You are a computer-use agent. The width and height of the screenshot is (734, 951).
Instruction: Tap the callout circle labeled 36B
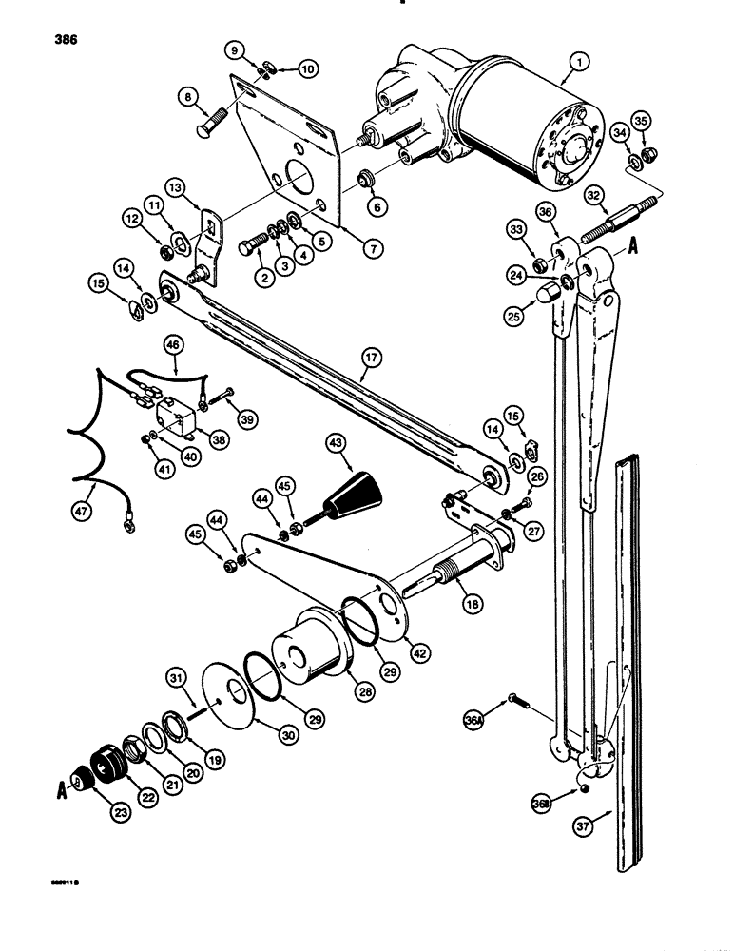(542, 805)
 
